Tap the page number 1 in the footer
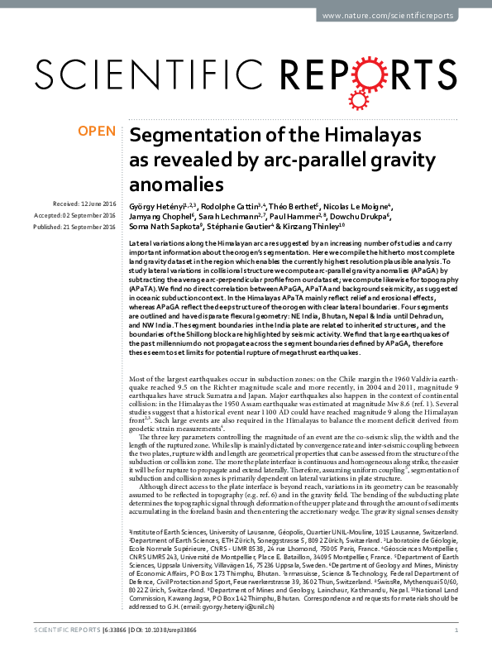(x=457, y=630)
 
